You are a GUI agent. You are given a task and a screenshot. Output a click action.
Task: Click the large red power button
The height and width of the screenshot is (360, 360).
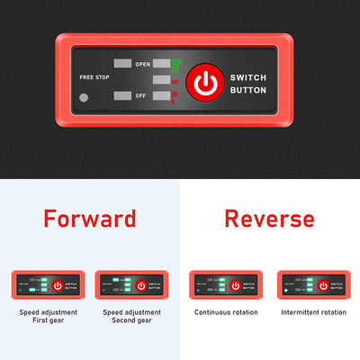pos(206,84)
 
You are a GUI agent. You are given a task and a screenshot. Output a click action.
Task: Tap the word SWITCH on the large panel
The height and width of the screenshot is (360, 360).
pos(248,78)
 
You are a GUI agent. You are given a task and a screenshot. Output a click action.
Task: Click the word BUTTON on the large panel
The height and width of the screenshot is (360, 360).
pos(248,90)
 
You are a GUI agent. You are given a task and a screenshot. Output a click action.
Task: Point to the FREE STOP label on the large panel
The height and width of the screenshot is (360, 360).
pos(94,76)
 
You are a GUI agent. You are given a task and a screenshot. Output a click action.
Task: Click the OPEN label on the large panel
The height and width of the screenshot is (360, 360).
pos(142,65)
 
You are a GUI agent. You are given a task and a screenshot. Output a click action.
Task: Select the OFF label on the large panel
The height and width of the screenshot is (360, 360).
pos(141,95)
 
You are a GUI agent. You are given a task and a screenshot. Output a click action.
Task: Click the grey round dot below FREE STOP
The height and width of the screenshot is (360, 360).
pos(84,97)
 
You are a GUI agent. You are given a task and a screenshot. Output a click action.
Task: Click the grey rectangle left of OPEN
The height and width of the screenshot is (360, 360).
pos(123,65)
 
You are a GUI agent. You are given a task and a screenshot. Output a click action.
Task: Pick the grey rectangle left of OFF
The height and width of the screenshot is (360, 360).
pos(123,95)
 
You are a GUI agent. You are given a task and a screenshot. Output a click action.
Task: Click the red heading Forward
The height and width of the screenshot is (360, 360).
pos(90,218)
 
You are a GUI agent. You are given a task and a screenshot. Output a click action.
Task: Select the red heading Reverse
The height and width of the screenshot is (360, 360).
pos(269,218)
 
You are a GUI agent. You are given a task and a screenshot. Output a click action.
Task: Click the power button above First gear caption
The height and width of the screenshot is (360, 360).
pos(58,285)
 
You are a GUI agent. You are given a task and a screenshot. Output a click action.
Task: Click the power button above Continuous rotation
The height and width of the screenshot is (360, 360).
pos(236,285)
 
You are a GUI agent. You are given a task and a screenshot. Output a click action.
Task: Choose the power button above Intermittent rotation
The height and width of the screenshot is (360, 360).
pos(323,285)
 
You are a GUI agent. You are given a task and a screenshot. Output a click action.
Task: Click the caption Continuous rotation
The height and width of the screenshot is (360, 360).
pos(226,312)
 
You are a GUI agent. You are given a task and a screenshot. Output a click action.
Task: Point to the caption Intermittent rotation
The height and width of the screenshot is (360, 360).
pos(313,312)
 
